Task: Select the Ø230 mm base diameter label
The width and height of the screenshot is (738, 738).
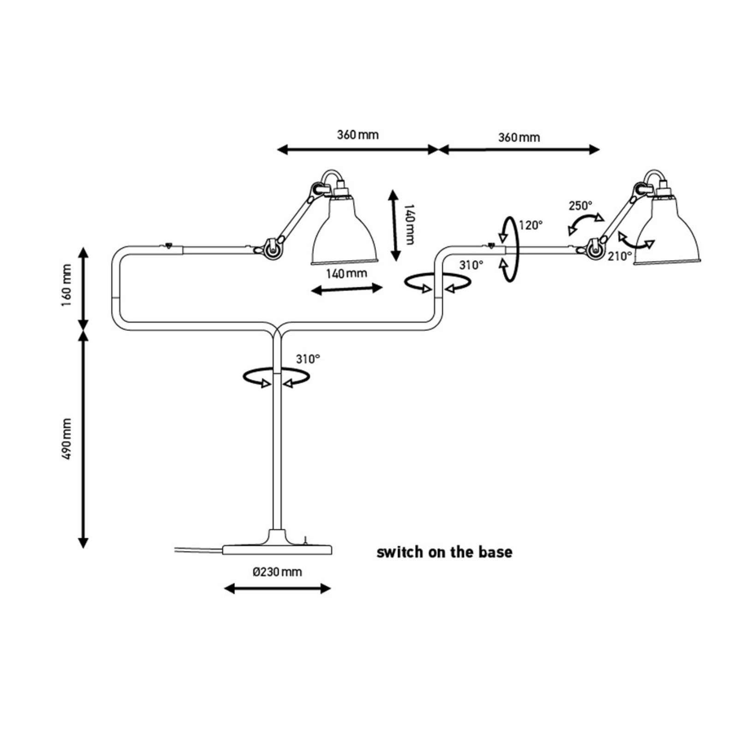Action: tap(277, 572)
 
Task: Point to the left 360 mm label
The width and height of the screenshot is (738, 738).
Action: tap(357, 135)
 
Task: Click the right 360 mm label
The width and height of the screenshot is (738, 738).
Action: tap(519, 137)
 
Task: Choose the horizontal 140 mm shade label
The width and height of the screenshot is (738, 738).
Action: tap(346, 274)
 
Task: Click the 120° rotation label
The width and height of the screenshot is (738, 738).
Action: tap(530, 225)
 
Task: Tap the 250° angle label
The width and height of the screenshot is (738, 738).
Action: tap(580, 206)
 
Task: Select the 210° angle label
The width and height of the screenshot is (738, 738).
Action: tap(619, 256)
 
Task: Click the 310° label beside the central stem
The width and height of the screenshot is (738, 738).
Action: tap(308, 359)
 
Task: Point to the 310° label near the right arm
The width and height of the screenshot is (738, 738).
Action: tap(471, 265)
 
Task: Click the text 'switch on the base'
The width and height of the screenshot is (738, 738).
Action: tap(444, 552)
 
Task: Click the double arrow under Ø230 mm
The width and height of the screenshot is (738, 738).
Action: tap(277, 589)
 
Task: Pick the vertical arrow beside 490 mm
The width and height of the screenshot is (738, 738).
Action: tap(83, 439)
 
